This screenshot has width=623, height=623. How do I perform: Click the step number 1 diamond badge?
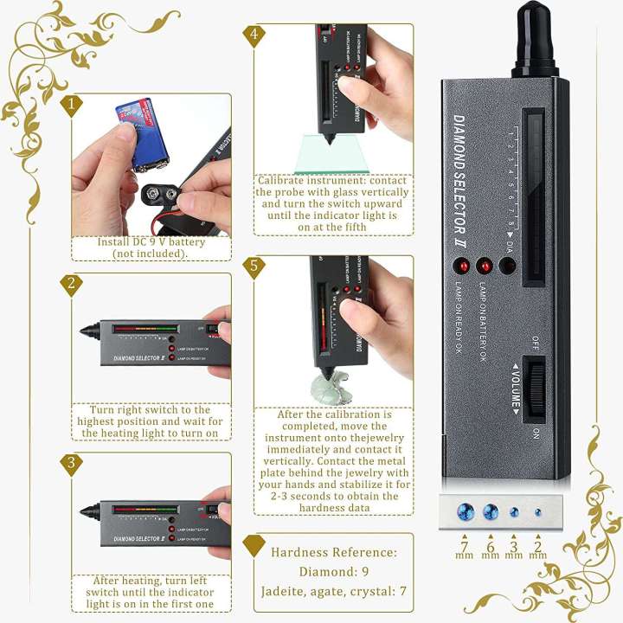74,105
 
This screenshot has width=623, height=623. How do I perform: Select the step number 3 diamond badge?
74,463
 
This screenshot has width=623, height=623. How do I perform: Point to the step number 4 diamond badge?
254,35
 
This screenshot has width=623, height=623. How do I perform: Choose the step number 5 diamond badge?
254,267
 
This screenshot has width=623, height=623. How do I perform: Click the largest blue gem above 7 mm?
467,512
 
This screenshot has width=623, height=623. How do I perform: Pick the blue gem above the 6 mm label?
491,512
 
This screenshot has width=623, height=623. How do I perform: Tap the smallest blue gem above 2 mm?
538,512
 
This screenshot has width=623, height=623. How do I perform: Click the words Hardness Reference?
334,551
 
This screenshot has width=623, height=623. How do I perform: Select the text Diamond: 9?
334,571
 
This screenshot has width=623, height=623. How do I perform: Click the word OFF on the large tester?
536,343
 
